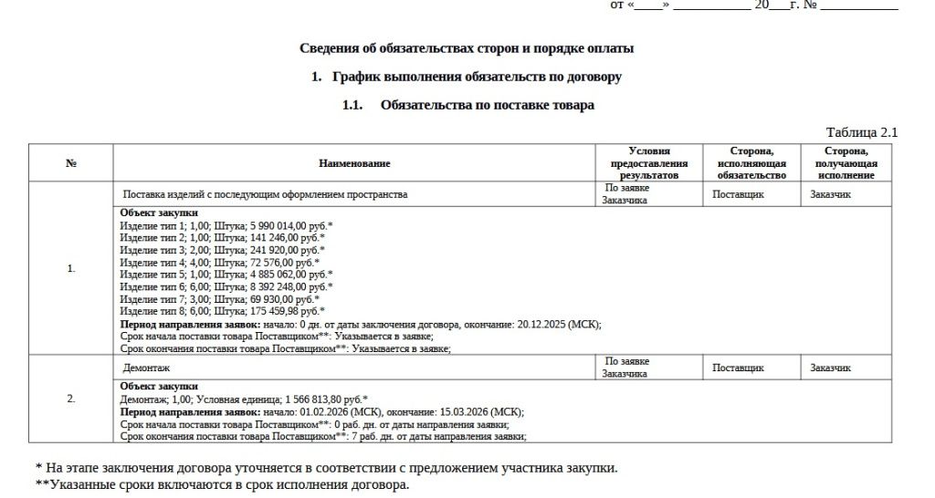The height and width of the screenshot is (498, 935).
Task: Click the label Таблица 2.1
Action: [x=861, y=132]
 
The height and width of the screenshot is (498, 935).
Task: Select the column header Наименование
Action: [x=354, y=163]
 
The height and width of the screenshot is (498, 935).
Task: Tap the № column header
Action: [x=71, y=163]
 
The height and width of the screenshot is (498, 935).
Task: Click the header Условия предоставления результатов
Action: [x=649, y=163]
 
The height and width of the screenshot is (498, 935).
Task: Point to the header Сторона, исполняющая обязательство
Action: [x=751, y=163]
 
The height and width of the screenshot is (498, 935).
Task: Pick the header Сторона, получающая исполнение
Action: [x=846, y=163]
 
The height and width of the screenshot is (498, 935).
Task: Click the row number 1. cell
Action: [x=71, y=268]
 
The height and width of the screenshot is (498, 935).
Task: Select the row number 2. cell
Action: [x=71, y=399]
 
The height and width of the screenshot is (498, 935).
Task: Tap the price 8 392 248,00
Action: [x=276, y=286]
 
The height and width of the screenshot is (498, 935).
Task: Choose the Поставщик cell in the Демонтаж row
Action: [x=738, y=368]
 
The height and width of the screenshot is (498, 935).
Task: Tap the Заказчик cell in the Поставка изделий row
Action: [x=830, y=194]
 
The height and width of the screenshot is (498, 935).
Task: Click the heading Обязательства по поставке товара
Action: [x=487, y=105]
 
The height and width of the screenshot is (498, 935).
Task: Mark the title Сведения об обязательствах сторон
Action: [x=466, y=48]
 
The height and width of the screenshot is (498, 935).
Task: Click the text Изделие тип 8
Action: [x=152, y=311]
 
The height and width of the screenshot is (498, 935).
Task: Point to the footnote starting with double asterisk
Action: [x=222, y=484]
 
